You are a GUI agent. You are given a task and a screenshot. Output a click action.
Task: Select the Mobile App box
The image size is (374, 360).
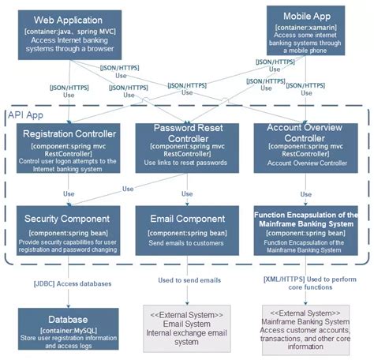coord(305,31)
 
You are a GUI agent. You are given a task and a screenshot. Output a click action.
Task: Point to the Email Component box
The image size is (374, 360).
coord(186,231)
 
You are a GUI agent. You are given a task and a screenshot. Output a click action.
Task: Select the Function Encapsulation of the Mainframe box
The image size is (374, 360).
coord(305,231)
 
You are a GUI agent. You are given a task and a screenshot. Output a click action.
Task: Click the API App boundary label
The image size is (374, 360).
coord(27,115)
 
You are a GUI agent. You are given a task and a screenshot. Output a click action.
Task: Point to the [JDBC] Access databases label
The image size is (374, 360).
coord(71,283)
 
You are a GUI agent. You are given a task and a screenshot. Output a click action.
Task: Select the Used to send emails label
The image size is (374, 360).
coord(189,279)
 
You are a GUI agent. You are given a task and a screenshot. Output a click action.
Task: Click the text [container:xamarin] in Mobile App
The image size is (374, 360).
coord(305,28)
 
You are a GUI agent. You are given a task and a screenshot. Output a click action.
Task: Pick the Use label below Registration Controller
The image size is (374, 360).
coord(69,193)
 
